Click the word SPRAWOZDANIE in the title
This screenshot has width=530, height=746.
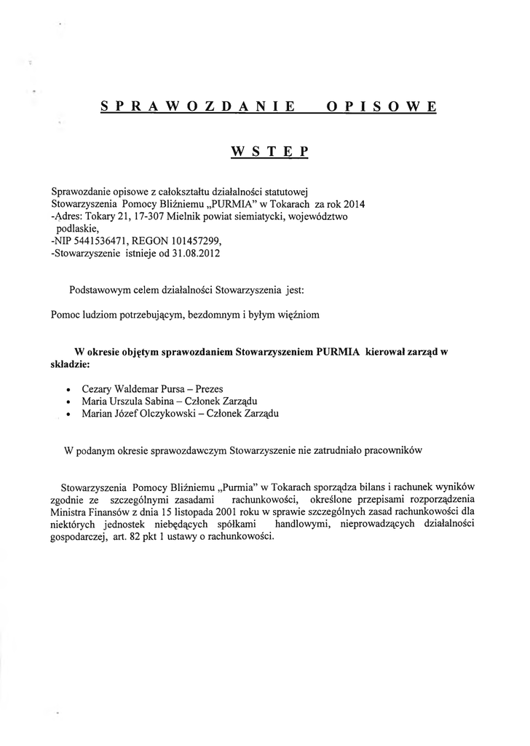coord(197,106)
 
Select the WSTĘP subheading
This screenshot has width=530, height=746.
coord(269,152)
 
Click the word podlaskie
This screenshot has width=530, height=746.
coord(83,229)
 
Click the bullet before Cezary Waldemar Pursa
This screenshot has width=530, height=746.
coord(68,390)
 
